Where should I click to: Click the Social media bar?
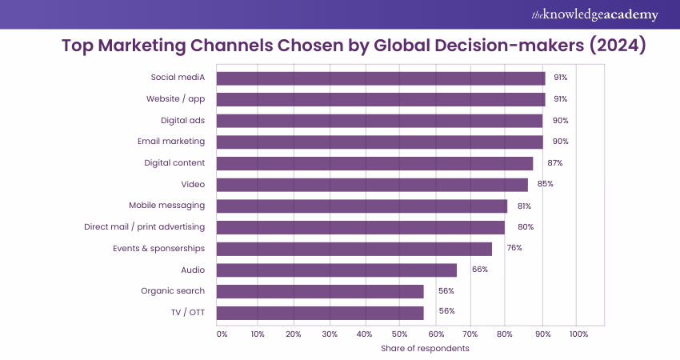point(381,78)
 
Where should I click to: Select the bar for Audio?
point(336,270)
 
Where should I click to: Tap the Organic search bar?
point(320,291)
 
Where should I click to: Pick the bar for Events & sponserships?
point(354,249)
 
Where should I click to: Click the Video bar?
point(372,185)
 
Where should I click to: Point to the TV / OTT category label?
point(186,312)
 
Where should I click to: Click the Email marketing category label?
point(171,142)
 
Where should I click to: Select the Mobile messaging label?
point(166,206)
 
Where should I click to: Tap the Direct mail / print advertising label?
point(144,227)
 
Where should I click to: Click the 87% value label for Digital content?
point(555,163)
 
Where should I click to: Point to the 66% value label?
point(480,270)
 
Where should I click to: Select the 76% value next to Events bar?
point(514,248)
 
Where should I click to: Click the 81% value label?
point(525,206)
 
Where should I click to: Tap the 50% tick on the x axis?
point(400,334)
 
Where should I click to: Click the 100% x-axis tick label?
point(578,334)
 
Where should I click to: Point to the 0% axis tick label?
point(222,334)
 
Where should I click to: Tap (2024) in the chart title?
point(618,46)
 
